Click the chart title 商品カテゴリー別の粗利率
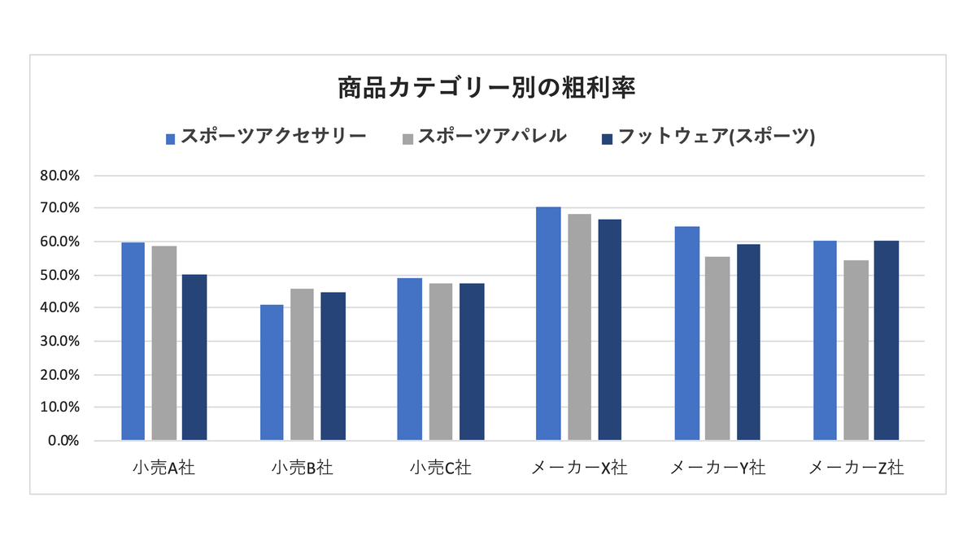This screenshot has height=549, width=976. tap(486, 88)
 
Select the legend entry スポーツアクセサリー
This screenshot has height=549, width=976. tap(272, 137)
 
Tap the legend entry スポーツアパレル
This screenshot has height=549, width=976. tap(492, 137)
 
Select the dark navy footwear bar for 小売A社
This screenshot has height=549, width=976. tap(194, 358)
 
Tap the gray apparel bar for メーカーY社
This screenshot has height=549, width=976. tap(717, 349)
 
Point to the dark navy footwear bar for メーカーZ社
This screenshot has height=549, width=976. tap(887, 341)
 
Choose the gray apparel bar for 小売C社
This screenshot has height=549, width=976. tap(441, 362)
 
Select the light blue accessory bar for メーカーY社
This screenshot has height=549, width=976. tap(687, 333)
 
